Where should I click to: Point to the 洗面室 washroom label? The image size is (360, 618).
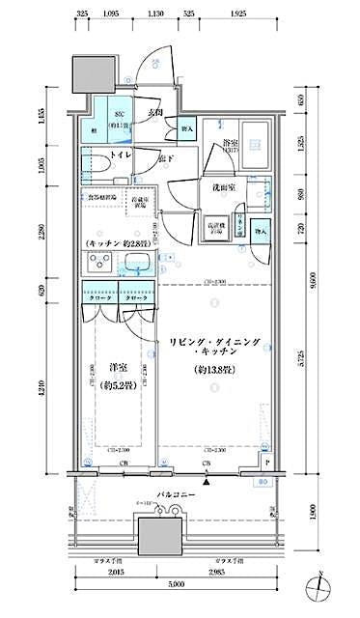coord(214,188)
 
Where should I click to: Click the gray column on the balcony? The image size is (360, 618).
coord(158,534)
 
